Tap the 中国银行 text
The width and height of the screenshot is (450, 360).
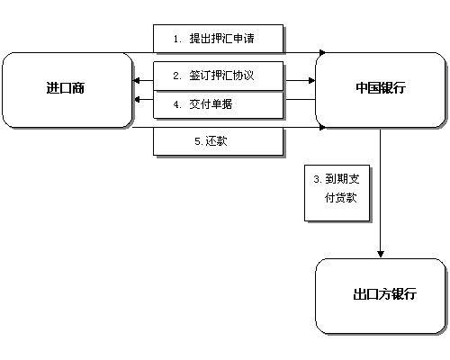coord(381,88)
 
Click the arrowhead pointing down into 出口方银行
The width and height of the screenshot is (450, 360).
coord(381,253)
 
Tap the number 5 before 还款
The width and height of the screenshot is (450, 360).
coord(197,140)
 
